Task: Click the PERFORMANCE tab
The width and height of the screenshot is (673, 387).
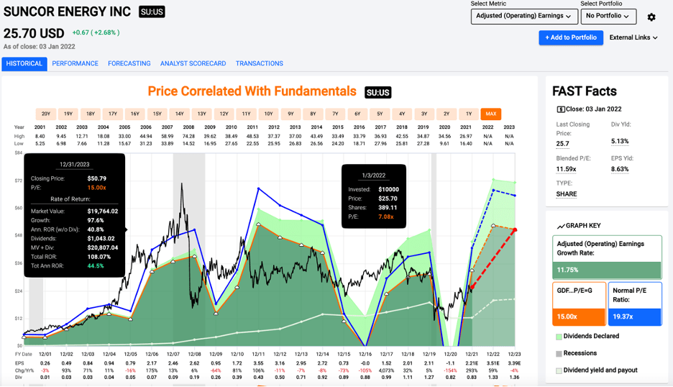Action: pyautogui.click(x=75, y=63)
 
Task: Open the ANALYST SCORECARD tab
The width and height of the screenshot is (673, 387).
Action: pyautogui.click(x=192, y=63)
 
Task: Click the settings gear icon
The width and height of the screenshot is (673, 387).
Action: pyautogui.click(x=651, y=17)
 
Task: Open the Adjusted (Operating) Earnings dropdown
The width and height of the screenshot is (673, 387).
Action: pyautogui.click(x=524, y=16)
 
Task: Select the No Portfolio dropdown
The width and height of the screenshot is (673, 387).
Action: pyautogui.click(x=608, y=16)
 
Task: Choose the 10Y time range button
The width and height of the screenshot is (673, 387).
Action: pyautogui.click(x=268, y=114)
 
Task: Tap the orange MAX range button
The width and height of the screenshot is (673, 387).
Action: pyautogui.click(x=491, y=114)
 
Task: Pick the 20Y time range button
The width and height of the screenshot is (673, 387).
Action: pyautogui.click(x=45, y=114)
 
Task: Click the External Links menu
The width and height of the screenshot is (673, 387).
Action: pyautogui.click(x=633, y=37)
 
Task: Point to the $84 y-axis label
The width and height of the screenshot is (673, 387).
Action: pyautogui.click(x=19, y=152)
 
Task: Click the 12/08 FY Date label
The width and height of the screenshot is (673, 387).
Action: pyautogui.click(x=194, y=355)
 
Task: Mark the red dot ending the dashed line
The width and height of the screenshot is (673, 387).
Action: pyautogui.click(x=515, y=229)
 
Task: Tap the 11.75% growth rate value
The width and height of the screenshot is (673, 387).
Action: pyautogui.click(x=567, y=270)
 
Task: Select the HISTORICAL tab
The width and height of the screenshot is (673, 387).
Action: pyautogui.click(x=24, y=63)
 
